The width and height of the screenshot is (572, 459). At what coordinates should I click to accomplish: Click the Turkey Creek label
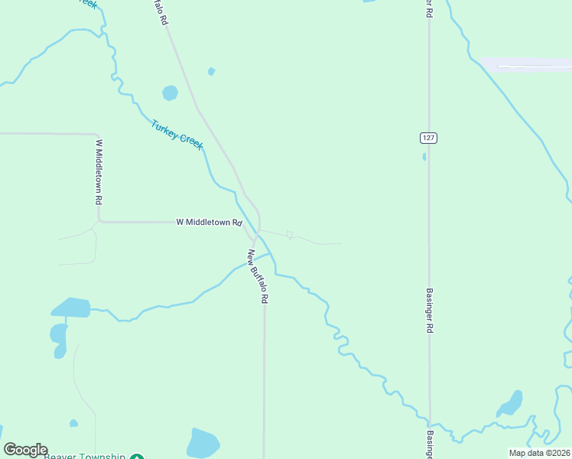click(177, 135)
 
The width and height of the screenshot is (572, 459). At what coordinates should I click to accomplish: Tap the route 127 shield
click(428, 137)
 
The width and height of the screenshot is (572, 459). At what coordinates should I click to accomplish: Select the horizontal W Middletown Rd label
click(209, 223)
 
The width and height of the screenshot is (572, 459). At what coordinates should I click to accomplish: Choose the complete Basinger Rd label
click(430, 310)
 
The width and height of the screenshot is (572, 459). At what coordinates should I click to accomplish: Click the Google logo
click(26, 450)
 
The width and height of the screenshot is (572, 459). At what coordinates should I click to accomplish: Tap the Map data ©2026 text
click(538, 453)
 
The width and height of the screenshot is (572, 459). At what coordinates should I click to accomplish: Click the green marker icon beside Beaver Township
click(136, 456)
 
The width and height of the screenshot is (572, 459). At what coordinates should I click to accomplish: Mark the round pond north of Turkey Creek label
click(170, 93)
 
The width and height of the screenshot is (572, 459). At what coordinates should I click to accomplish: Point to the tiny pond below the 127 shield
click(424, 157)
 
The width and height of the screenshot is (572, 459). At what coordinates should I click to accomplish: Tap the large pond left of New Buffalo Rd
click(203, 443)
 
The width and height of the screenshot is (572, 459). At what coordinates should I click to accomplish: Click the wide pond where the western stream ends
click(70, 308)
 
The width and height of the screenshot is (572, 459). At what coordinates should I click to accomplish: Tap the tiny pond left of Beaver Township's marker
click(73, 423)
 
